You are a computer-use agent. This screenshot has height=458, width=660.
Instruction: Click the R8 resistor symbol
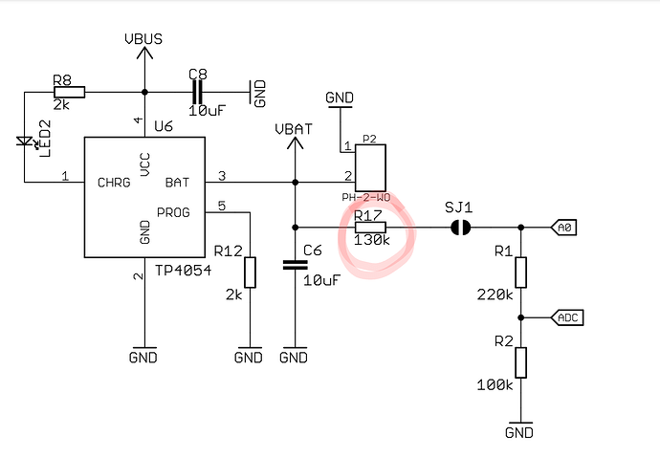point(68,92)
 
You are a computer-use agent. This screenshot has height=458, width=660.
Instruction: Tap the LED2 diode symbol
point(26,142)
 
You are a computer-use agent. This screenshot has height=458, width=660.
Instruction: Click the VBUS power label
point(143,39)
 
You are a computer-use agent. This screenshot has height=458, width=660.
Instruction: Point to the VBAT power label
point(294,128)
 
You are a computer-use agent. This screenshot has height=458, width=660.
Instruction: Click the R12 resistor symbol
point(250,273)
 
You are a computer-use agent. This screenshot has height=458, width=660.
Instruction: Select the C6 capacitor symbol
point(295,267)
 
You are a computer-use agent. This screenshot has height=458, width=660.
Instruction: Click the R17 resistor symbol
point(370,228)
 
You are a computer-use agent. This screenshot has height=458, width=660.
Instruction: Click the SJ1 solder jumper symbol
point(460,228)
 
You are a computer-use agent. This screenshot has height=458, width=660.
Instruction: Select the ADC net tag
point(567,316)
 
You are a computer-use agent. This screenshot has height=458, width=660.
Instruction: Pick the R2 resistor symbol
point(520,363)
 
